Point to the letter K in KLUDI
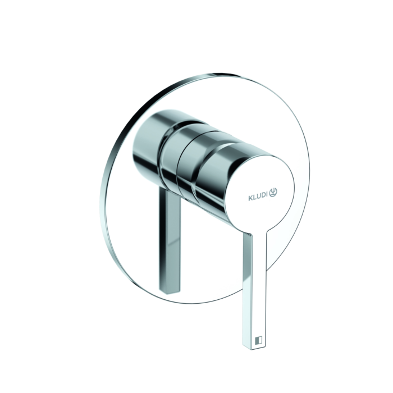[250, 197]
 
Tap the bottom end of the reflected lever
[170, 291]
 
